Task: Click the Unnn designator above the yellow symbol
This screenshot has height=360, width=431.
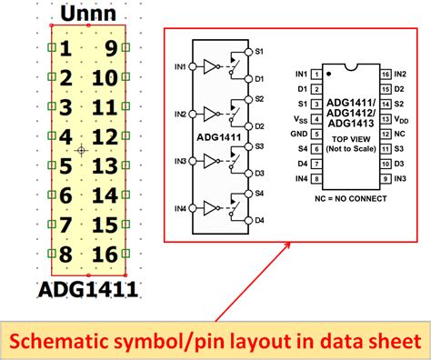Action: (x=87, y=15)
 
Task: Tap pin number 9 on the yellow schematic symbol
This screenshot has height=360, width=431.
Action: (x=109, y=49)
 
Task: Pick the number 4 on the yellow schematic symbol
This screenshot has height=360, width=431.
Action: (x=65, y=137)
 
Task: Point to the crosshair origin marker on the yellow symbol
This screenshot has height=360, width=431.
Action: (x=81, y=150)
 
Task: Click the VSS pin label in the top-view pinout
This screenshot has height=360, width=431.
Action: (x=301, y=118)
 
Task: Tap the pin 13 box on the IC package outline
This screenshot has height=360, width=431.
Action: (x=386, y=118)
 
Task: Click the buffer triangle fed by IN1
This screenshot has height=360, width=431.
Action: (x=211, y=66)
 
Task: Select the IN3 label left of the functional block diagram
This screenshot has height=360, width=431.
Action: (x=181, y=161)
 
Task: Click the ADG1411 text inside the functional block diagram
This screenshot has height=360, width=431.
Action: (x=214, y=138)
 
